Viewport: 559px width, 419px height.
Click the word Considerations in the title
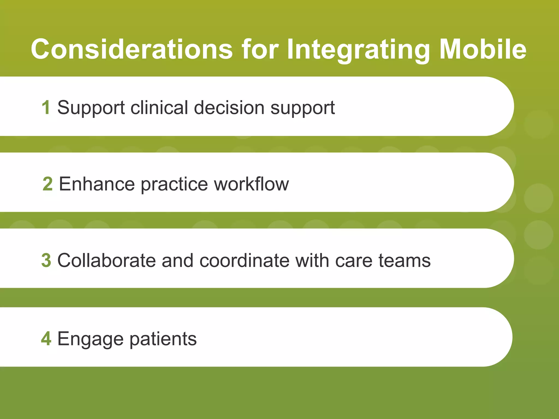click(132, 49)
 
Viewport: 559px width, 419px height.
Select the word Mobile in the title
click(483, 49)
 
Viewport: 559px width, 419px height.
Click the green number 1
click(46, 107)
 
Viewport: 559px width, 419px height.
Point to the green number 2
click(47, 184)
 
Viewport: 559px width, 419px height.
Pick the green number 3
click(46, 260)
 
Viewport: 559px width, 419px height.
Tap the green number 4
click(46, 339)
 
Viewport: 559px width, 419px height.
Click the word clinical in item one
click(159, 107)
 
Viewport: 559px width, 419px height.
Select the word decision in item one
click(229, 107)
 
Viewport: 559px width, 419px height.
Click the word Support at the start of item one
click(91, 108)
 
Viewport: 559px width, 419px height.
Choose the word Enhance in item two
click(97, 184)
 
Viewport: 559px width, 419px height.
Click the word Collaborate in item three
click(106, 260)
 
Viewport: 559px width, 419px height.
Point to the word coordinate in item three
click(245, 260)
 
